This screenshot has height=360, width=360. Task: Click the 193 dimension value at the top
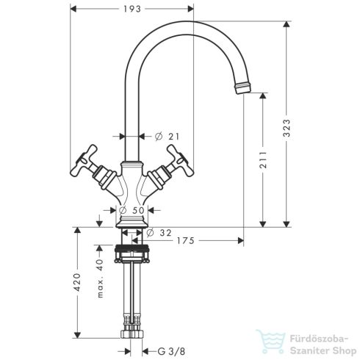coord(132,10)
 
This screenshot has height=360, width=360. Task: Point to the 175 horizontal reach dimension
coord(187,240)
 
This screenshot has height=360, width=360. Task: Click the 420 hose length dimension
coord(77,284)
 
